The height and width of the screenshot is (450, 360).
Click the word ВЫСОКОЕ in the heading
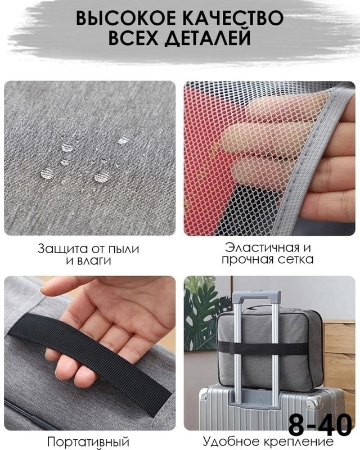[x=126, y=19]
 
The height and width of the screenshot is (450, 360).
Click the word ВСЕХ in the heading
[x=133, y=38]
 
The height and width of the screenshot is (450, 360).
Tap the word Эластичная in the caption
[x=260, y=247]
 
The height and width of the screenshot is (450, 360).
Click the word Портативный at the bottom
[x=88, y=442]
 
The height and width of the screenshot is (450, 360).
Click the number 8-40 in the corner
[x=320, y=425]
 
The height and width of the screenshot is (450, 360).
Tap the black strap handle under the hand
[x=94, y=359]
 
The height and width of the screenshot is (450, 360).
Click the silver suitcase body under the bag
[x=271, y=407]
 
